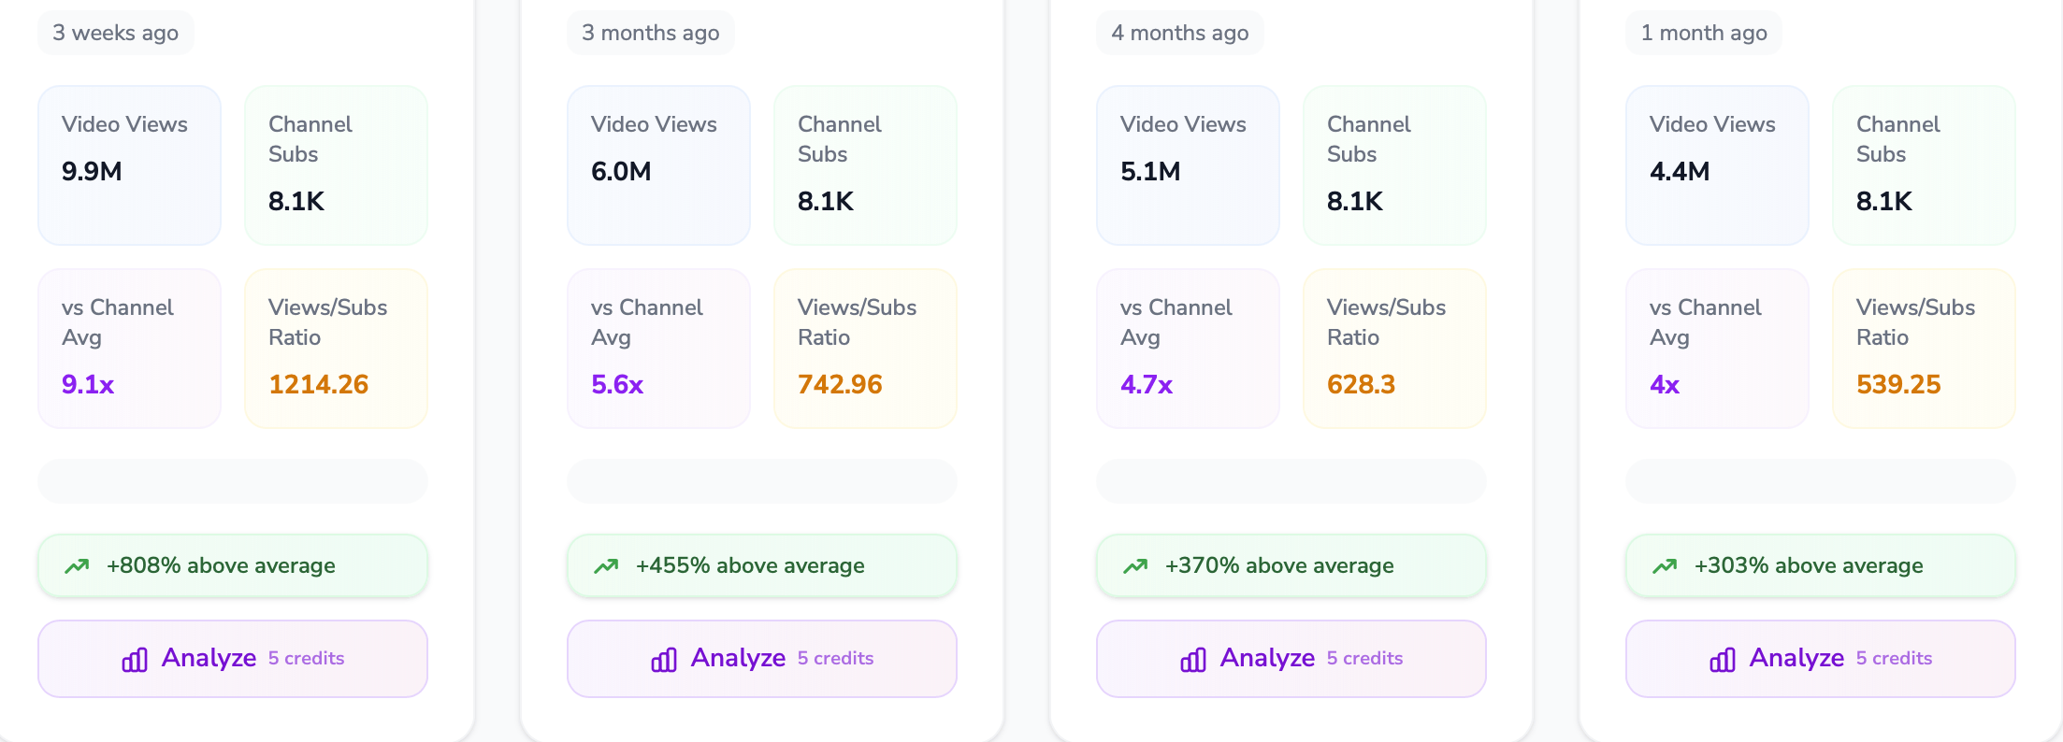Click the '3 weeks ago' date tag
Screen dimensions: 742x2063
coord(115,33)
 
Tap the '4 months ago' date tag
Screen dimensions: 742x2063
coord(1179,33)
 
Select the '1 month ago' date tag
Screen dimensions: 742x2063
coord(1703,33)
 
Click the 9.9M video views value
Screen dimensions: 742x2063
coord(92,171)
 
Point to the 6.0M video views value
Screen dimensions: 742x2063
coord(621,171)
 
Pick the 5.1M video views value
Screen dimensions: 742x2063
coord(1150,171)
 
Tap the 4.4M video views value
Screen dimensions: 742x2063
coord(1680,171)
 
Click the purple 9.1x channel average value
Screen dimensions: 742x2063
coord(88,384)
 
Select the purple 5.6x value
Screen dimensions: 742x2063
coord(617,384)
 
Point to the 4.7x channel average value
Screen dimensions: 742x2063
coord(1147,384)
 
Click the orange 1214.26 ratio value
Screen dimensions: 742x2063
coord(318,384)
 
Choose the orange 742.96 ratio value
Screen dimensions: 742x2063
coord(840,384)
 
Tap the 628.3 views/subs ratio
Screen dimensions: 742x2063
coord(1361,384)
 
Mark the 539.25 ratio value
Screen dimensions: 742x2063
coord(1898,384)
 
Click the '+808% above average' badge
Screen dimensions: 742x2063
coord(233,565)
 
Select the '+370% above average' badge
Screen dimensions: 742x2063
coord(1291,565)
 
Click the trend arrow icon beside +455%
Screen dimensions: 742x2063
coord(606,565)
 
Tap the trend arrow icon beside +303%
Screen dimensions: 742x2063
coord(1665,565)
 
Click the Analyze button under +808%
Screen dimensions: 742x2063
coord(233,659)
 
